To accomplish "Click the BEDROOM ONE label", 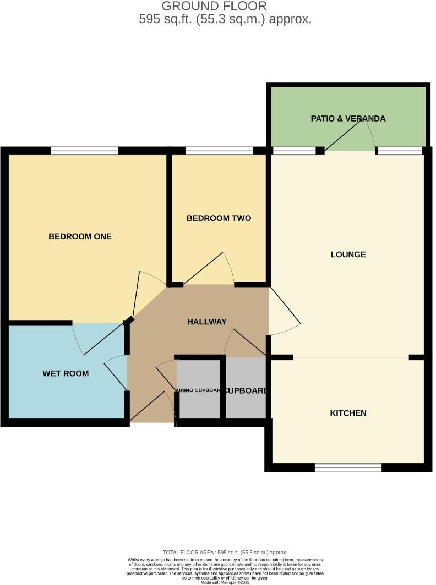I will (80, 236).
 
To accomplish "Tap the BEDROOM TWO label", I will (219, 218).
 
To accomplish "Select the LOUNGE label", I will (348, 255).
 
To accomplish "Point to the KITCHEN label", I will (348, 413).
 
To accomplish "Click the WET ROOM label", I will (66, 374).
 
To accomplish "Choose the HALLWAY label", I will (206, 322).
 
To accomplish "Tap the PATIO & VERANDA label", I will (348, 118).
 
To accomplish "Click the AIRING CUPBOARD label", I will (198, 391).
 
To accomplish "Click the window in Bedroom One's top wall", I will (84, 150).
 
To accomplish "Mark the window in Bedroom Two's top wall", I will (219, 150).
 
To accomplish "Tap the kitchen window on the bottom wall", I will (348, 468).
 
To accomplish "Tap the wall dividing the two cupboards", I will (223, 388).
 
